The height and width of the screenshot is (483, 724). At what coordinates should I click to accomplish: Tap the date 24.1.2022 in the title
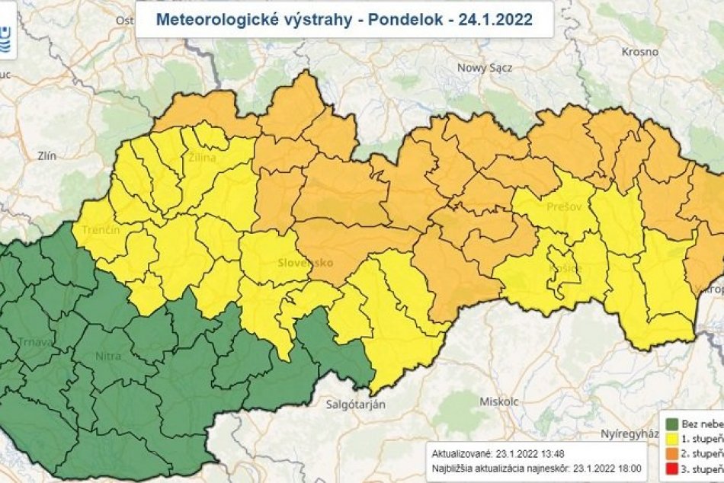(x=495, y=19)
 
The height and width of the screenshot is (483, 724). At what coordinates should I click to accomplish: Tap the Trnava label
(x=37, y=342)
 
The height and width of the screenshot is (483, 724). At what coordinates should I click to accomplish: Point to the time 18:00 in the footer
(x=629, y=469)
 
